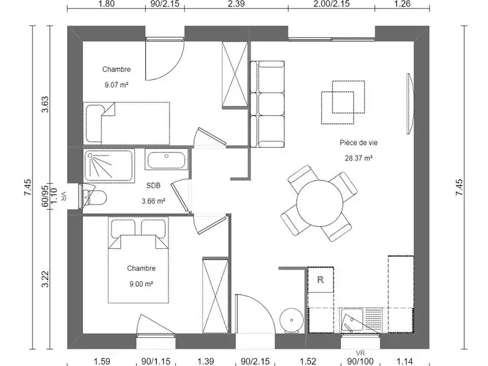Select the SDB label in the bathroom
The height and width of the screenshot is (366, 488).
click(153, 187)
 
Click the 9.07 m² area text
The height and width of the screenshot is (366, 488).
click(116, 85)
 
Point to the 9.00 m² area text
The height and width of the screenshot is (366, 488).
click(140, 284)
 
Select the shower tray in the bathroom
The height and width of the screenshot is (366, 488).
click(109, 165)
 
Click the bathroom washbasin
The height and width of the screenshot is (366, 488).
click(167, 161)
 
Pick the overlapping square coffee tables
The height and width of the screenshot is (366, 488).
click(344, 98)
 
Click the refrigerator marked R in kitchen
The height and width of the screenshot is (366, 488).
click(321, 281)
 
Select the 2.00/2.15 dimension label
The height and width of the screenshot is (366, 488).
click(331, 4)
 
